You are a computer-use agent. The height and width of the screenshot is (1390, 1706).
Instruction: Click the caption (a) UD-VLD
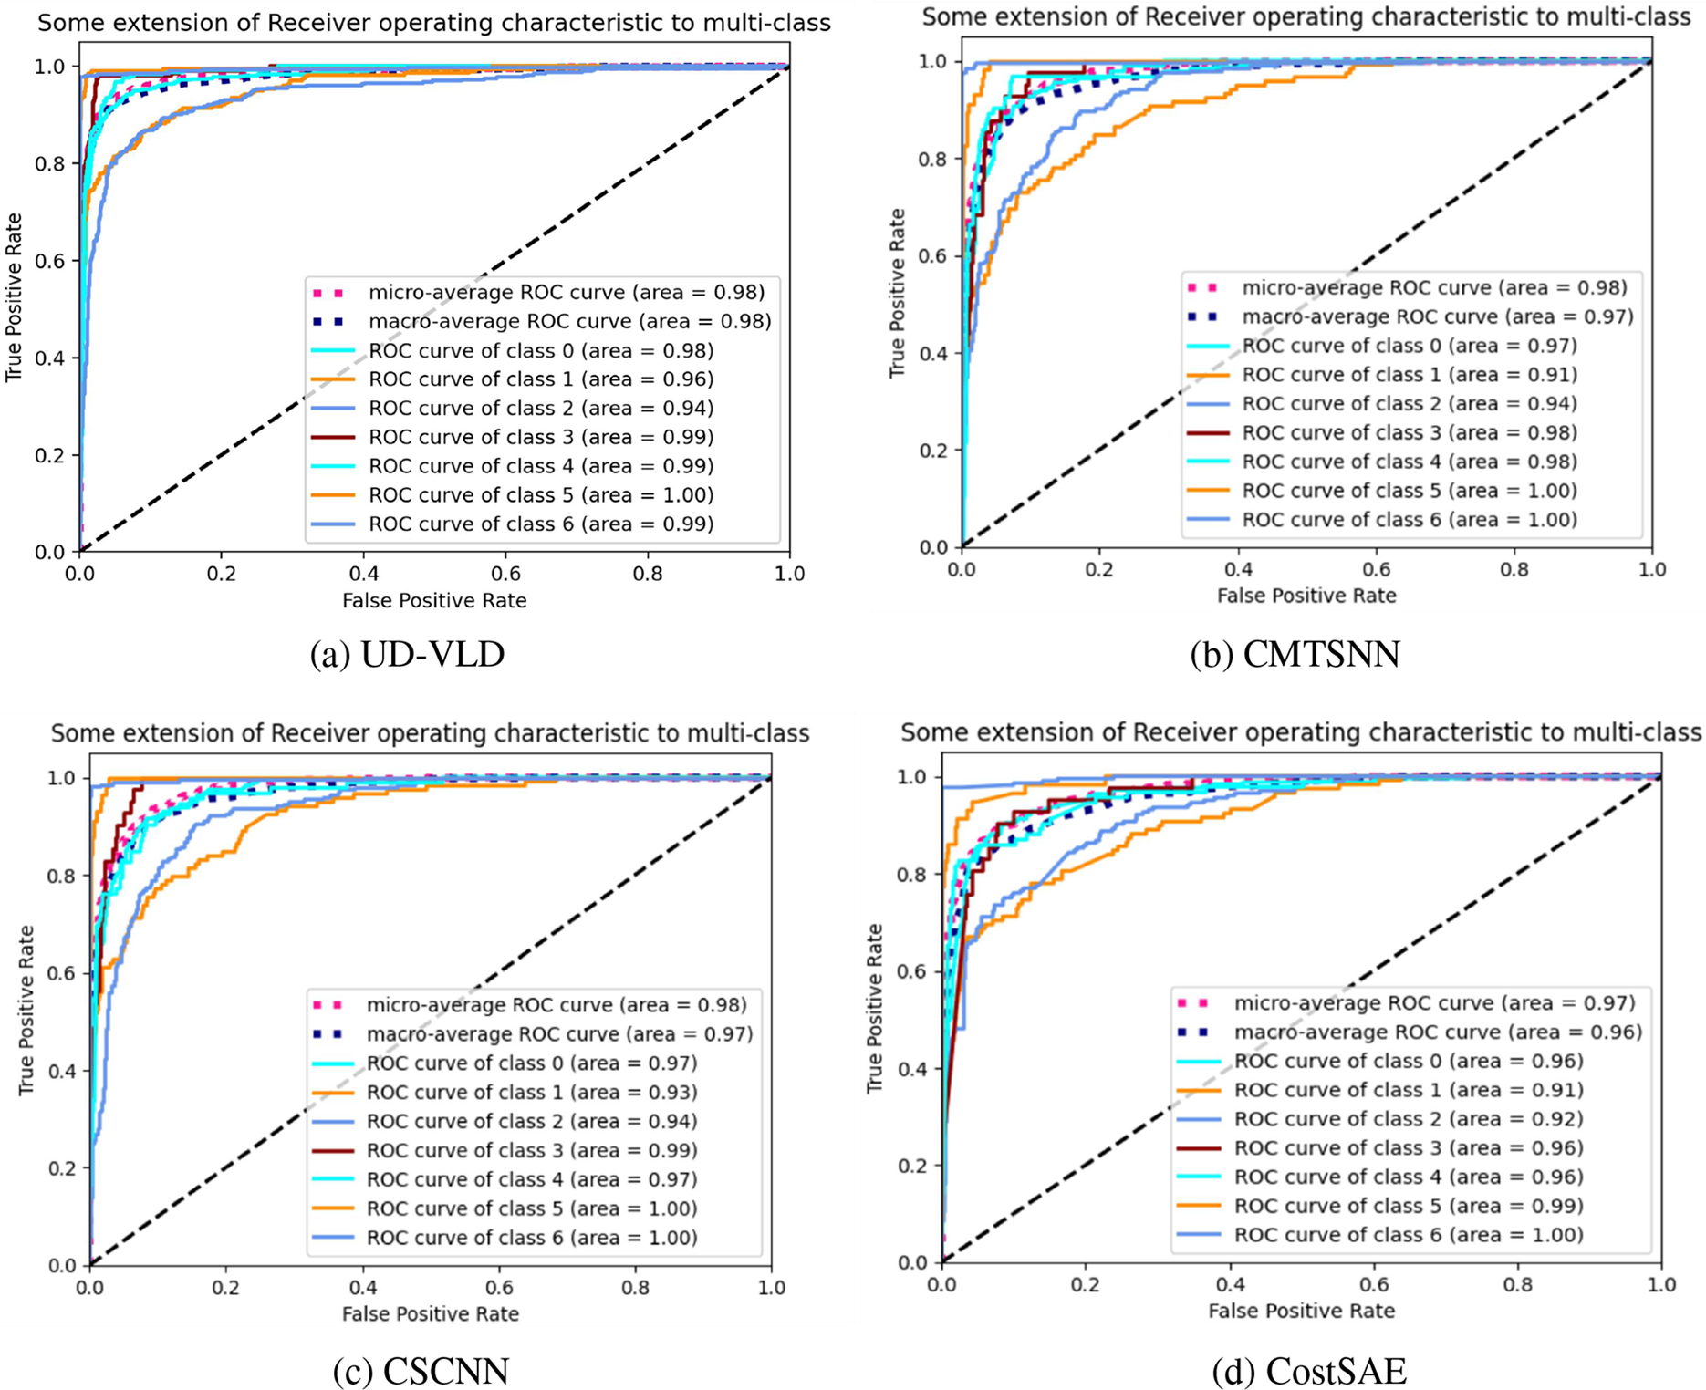pos(407,655)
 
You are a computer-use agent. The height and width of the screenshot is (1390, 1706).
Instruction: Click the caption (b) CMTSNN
pos(1295,655)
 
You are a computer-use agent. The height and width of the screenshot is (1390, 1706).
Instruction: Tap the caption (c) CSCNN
pos(421,1371)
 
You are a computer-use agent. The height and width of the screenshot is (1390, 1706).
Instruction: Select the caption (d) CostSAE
pos(1308,1371)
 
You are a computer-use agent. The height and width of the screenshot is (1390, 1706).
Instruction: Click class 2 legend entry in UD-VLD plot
pos(541,408)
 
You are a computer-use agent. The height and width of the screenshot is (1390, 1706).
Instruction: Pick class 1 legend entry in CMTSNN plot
pos(1410,375)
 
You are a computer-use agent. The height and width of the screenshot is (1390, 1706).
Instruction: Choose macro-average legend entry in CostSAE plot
pos(1438,1032)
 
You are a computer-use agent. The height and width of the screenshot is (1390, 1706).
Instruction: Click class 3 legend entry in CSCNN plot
pos(532,1150)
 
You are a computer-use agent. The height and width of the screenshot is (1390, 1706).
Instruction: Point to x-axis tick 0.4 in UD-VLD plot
pos(363,574)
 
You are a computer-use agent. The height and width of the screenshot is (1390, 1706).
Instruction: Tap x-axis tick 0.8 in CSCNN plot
pos(635,1288)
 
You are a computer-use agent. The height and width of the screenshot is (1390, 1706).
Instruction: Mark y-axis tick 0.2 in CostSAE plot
pos(915,1166)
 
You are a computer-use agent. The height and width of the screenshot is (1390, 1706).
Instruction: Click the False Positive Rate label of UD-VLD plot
pos(434,600)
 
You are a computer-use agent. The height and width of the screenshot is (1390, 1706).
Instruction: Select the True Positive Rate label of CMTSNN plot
pos(898,293)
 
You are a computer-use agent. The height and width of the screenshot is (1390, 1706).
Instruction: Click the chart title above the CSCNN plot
pos(430,733)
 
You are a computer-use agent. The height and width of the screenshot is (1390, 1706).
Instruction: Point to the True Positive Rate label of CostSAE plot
pos(876,1008)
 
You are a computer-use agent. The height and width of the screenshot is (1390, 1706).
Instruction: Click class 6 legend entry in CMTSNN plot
pos(1410,520)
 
